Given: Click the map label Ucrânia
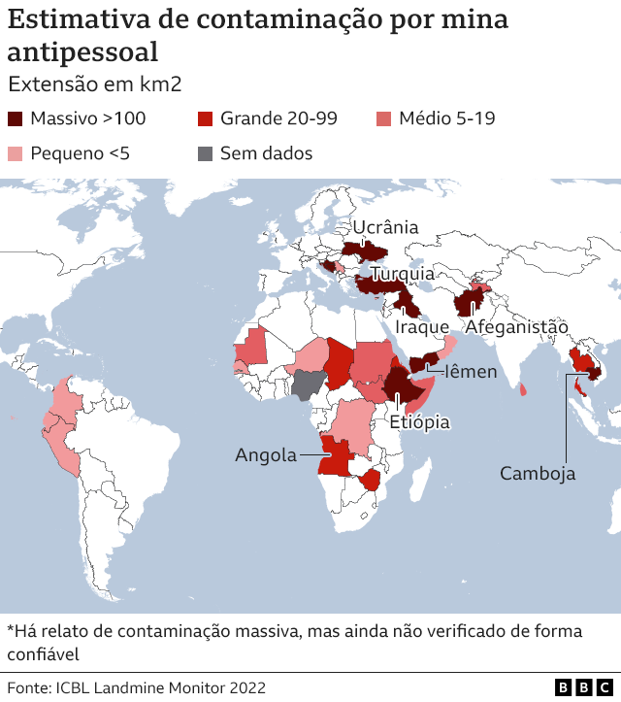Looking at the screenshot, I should [385, 228].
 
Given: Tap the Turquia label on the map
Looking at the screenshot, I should [402, 275].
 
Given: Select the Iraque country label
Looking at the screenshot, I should [422, 327].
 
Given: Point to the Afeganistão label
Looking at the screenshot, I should [516, 327].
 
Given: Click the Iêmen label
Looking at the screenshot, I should [471, 371].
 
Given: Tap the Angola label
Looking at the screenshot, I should [266, 454].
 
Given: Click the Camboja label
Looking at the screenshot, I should [538, 473].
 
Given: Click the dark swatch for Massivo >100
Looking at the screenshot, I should [16, 118].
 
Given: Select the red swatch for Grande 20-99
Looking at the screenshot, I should [206, 118].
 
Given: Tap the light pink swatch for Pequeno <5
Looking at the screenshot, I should [16, 153].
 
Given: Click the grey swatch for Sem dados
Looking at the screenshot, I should [206, 153].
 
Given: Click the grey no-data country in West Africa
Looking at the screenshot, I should [309, 385].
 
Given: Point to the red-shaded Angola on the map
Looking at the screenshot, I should [335, 456].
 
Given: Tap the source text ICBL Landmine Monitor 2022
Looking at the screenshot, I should [162, 687].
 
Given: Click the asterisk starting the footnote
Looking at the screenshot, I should [11, 630].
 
